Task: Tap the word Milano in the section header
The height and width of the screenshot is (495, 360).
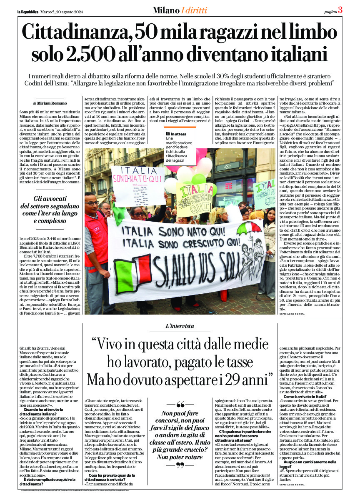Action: click(166, 10)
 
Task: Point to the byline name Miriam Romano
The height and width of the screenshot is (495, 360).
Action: click(51, 102)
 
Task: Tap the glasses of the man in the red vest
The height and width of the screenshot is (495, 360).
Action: click(92, 203)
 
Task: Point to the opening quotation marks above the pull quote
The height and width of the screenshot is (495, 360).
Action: click(180, 404)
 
